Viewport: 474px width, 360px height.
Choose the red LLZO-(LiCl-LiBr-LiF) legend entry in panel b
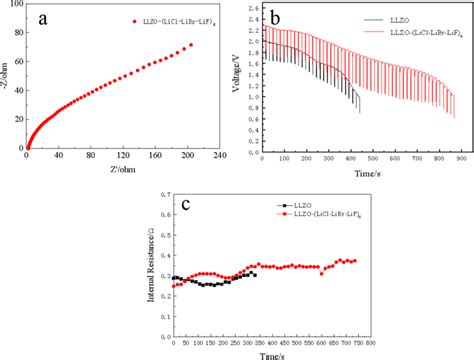coord(410,31)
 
